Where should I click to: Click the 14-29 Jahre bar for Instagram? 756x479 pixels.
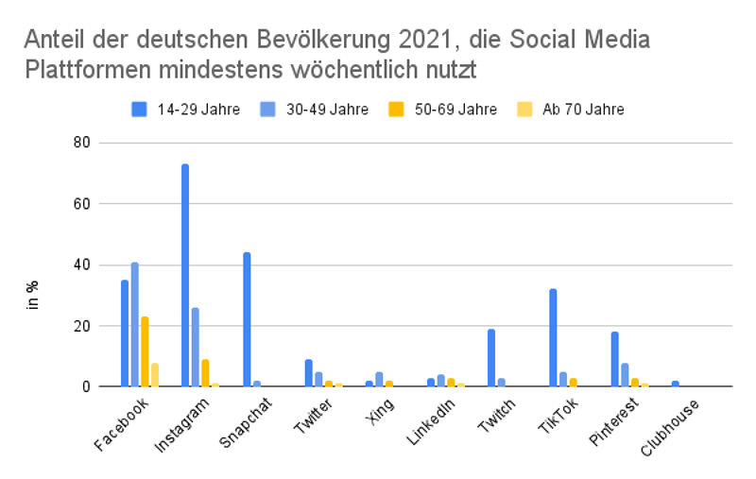click(185, 275)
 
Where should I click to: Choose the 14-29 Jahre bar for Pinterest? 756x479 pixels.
click(614, 359)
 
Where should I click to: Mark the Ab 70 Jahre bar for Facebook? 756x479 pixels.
click(155, 374)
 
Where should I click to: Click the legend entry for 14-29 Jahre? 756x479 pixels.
click(184, 110)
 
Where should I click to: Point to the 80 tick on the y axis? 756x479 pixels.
click(83, 143)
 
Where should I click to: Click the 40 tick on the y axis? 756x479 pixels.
click(83, 265)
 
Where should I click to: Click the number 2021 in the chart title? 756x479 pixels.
click(405, 41)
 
